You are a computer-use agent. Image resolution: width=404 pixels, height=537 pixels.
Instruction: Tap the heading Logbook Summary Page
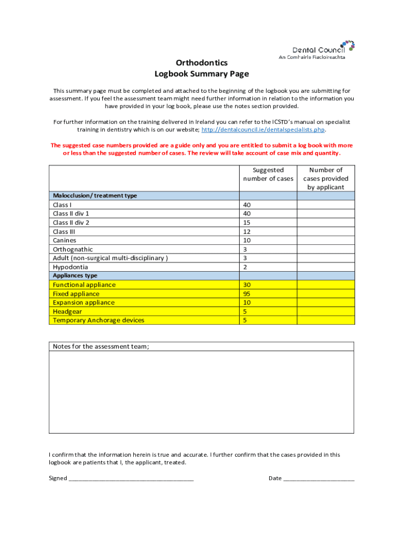pyautogui.click(x=201, y=74)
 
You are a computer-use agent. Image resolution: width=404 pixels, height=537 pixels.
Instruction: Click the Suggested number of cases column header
pyautogui.click(x=268, y=174)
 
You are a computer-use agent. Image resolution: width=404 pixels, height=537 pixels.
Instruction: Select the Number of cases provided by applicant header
pyautogui.click(x=326, y=178)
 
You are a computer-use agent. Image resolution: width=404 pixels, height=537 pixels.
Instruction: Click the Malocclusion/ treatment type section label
pyautogui.click(x=95, y=196)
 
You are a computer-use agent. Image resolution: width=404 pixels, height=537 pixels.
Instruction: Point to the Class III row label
pyautogui.click(x=64, y=231)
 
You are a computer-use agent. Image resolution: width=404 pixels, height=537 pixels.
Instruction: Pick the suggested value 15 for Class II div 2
pyautogui.click(x=247, y=222)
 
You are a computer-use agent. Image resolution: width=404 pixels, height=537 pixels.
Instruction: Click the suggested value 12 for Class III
pyautogui.click(x=247, y=231)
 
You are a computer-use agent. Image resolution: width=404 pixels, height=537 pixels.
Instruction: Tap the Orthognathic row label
pyautogui.click(x=73, y=249)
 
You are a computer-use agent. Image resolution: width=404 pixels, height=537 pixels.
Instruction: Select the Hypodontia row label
pyautogui.click(x=70, y=267)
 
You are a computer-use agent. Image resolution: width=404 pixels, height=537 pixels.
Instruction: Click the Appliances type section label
pyautogui.click(x=75, y=276)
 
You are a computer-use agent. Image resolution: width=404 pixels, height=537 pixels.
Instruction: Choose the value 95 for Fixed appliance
pyautogui.click(x=247, y=294)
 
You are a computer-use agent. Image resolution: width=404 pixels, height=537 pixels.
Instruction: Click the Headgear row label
pyautogui.click(x=67, y=312)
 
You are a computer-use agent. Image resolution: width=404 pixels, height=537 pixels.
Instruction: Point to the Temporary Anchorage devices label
pyautogui.click(x=99, y=320)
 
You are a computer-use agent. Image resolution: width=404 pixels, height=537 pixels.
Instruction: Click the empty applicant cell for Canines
pyautogui.click(x=326, y=240)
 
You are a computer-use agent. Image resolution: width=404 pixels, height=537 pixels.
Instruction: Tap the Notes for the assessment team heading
pyautogui.click(x=101, y=346)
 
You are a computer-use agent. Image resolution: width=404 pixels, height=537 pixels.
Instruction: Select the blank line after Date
pyautogui.click(x=319, y=478)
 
